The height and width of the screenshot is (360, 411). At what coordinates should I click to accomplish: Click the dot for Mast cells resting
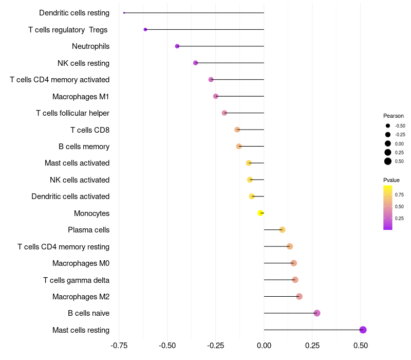(x=363, y=330)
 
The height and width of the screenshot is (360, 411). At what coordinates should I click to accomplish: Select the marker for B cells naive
(x=317, y=313)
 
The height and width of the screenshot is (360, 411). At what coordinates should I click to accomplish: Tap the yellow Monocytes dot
(x=261, y=213)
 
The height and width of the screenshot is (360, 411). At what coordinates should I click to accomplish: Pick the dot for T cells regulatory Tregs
(x=145, y=29)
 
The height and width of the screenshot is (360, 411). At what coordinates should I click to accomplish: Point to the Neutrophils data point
(x=177, y=46)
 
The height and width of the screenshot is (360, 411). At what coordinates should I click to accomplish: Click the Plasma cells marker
(x=282, y=230)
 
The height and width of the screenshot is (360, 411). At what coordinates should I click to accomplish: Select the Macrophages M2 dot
(x=300, y=297)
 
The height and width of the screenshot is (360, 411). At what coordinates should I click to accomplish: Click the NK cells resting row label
(x=83, y=63)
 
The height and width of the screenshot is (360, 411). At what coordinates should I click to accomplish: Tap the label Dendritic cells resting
(x=74, y=13)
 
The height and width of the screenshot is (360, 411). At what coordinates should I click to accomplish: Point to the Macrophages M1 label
(x=81, y=97)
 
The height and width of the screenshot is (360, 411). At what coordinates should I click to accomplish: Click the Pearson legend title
(x=394, y=116)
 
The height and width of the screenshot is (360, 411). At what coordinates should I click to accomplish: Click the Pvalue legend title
(x=391, y=180)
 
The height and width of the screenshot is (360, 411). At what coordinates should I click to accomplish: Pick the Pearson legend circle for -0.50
(x=388, y=125)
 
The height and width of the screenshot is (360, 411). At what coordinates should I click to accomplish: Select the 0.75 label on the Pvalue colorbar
(x=399, y=194)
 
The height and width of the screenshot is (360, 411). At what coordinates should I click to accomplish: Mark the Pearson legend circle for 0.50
(x=388, y=161)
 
